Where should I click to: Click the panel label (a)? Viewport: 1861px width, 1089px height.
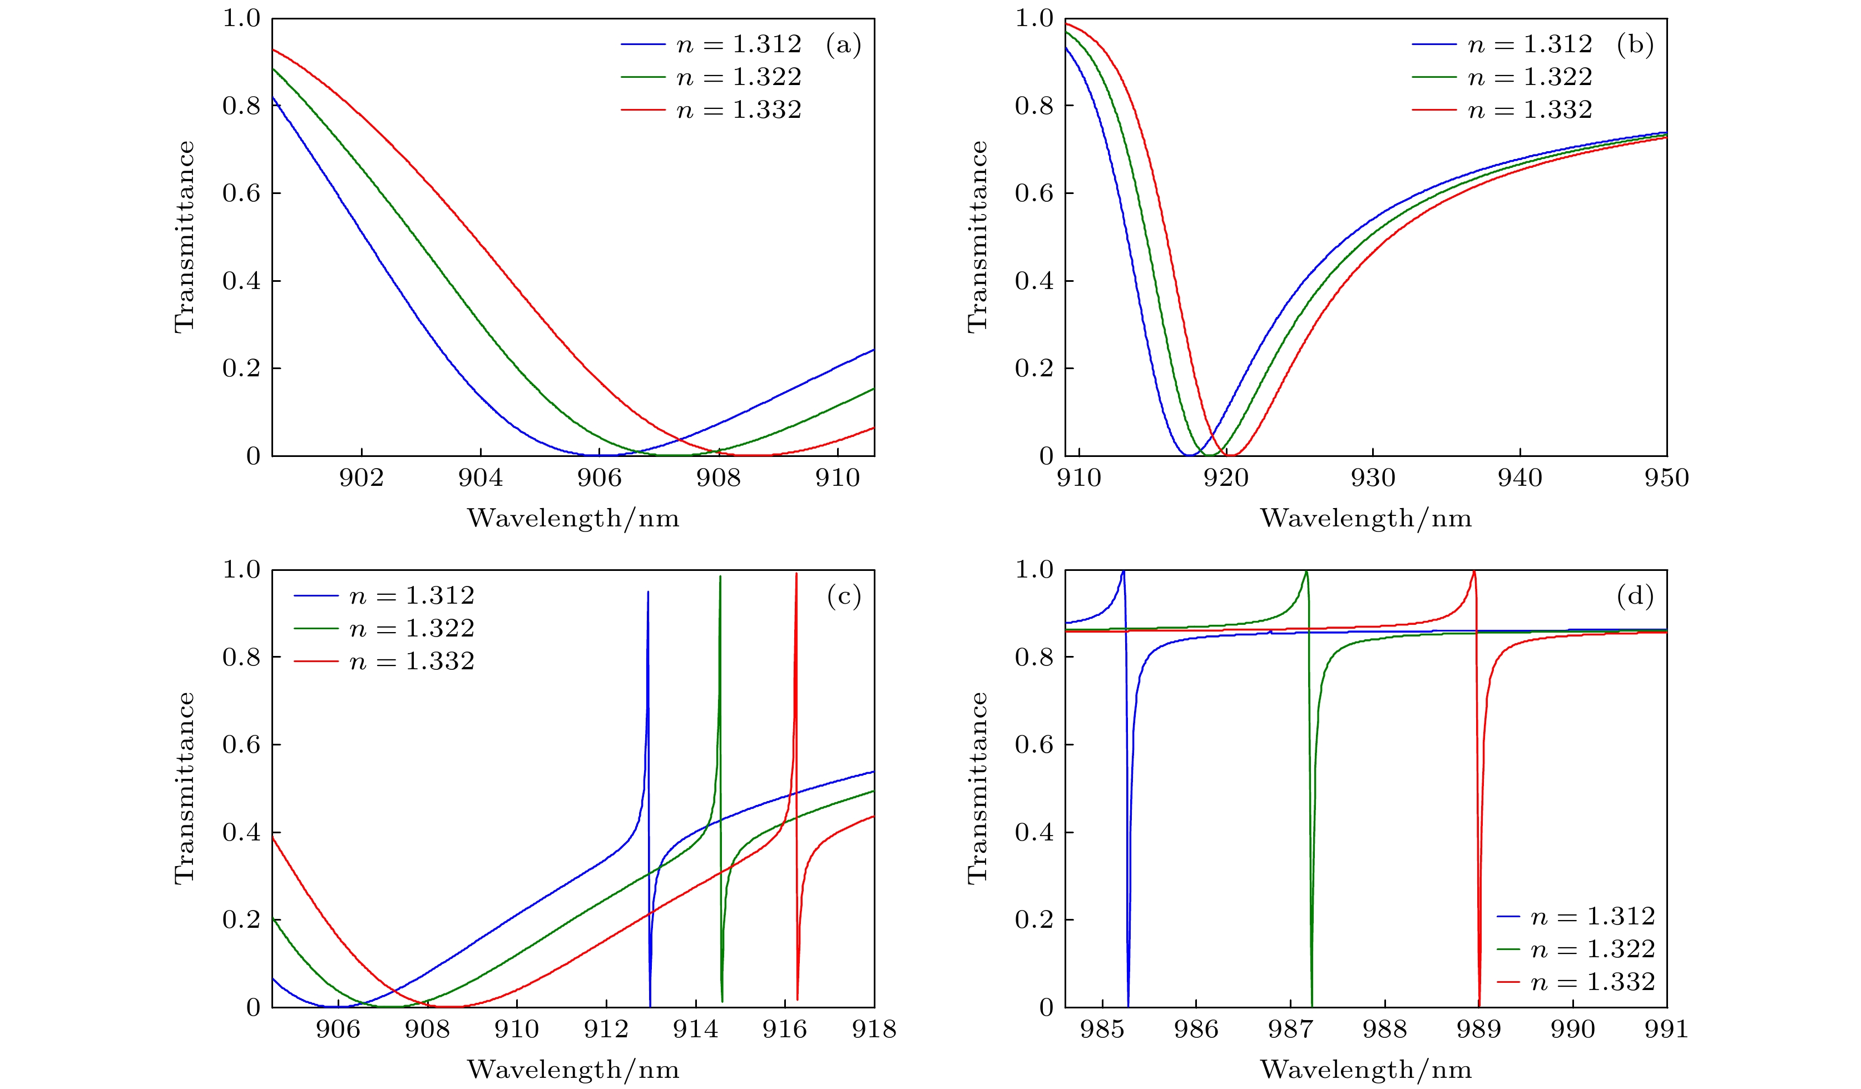tap(843, 46)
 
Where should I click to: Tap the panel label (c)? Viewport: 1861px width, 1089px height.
tap(843, 596)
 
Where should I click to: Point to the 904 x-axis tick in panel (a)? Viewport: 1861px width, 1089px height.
tap(480, 478)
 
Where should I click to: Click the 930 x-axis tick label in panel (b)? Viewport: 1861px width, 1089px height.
tap(1373, 478)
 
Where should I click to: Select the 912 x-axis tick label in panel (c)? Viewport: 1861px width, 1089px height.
tap(606, 1029)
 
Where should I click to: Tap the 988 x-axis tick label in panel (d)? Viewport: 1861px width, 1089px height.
tap(1385, 1029)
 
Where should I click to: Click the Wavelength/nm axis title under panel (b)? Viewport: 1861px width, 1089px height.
tap(1365, 518)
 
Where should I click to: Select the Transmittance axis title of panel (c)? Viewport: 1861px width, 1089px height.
tap(185, 788)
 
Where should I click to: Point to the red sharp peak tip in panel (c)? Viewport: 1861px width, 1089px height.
tap(796, 574)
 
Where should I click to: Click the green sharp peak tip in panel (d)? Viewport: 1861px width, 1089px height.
tap(1306, 571)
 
